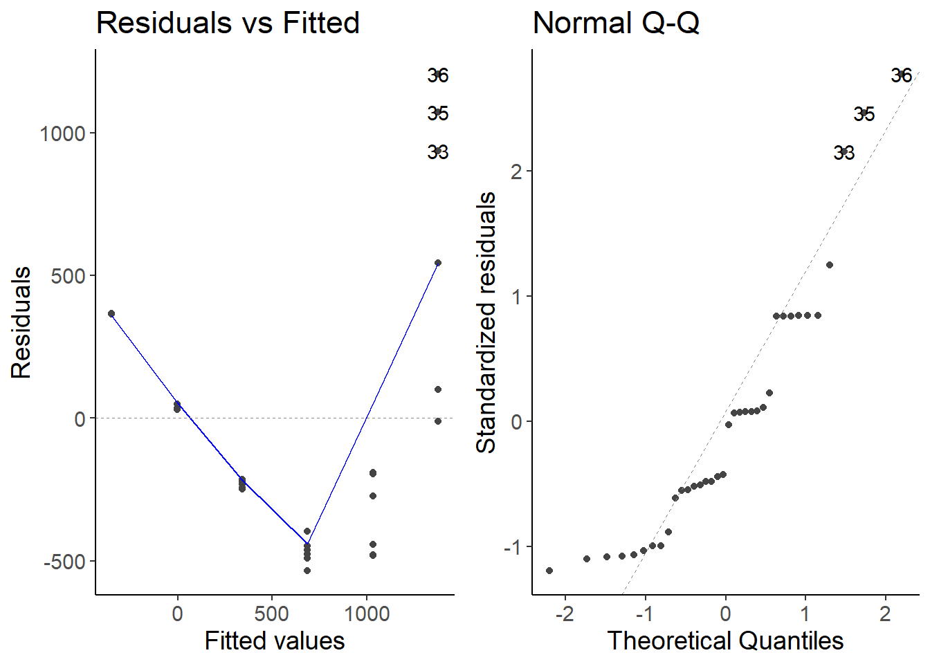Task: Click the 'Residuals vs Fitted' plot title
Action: tap(228, 23)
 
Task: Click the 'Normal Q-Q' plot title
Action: tap(616, 23)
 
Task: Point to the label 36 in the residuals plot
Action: tap(438, 75)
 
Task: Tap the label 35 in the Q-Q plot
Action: tap(864, 113)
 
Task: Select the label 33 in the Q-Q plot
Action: tap(844, 152)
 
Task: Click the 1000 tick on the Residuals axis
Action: tap(62, 133)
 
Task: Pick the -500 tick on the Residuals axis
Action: tap(65, 562)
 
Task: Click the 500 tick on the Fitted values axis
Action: tap(271, 614)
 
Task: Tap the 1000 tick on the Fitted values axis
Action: tap(367, 614)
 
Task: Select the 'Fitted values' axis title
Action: tap(275, 641)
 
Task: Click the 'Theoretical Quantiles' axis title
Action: tap(725, 641)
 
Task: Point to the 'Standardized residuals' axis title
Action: tap(486, 322)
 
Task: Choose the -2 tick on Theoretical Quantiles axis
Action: tap(565, 614)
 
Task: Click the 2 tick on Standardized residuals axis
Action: tap(517, 172)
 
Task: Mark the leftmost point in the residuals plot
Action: tap(111, 314)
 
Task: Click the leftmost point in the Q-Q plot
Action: tap(549, 571)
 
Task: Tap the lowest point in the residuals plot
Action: tap(307, 571)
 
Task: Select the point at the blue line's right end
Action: tap(438, 263)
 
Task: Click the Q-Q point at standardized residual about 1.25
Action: tap(830, 265)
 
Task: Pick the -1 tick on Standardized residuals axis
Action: tap(513, 547)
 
